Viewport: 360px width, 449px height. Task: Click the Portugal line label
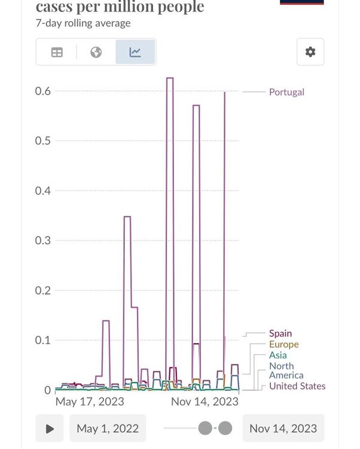(286, 92)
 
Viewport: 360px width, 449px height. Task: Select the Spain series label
(280, 333)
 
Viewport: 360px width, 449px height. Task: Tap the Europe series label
(283, 344)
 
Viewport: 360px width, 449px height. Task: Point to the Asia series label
(277, 355)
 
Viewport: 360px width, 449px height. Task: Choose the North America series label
(286, 371)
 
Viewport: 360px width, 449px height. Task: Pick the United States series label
(297, 386)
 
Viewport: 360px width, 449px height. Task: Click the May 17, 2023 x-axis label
(90, 402)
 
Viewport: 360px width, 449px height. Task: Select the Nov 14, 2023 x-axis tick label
(205, 402)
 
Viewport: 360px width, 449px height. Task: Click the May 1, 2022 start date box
(108, 429)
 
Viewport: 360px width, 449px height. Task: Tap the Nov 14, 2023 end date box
(283, 429)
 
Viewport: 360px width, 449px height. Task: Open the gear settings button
(310, 52)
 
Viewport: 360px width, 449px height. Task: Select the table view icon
(57, 52)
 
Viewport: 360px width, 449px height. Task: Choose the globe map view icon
(96, 52)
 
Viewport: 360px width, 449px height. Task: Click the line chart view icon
(135, 52)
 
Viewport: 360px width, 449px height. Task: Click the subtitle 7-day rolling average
(83, 23)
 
